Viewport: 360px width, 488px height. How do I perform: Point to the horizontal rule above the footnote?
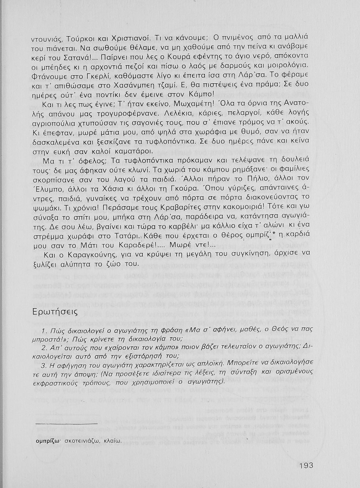pyautogui.click(x=66, y=423)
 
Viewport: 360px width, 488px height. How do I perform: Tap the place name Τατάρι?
pyautogui.click(x=124, y=235)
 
